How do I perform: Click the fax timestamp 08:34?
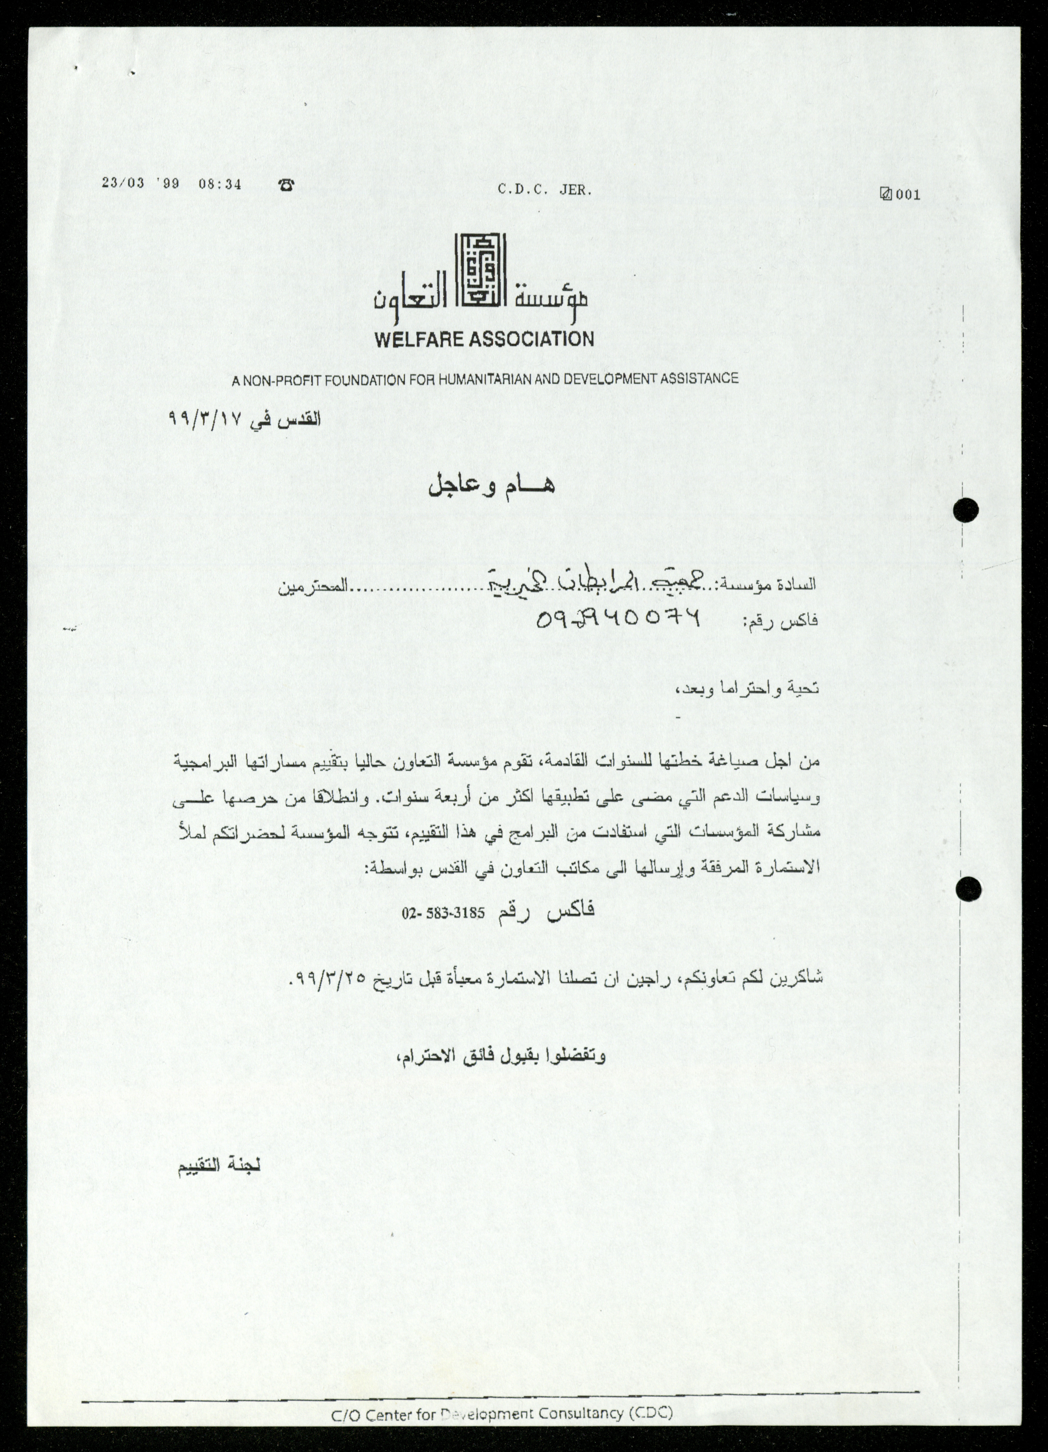tap(220, 184)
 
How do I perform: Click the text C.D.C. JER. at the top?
tap(545, 190)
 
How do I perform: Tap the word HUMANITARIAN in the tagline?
tap(479, 379)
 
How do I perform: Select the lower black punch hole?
tap(967, 889)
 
